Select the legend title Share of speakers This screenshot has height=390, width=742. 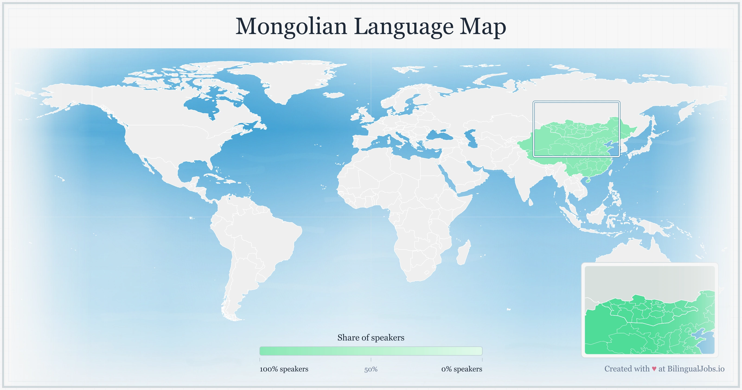pos(371,338)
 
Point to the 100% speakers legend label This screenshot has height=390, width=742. pos(284,369)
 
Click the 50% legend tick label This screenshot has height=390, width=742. pos(371,369)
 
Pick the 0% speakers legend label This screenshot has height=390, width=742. pos(461,369)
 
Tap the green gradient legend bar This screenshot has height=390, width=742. pos(371,351)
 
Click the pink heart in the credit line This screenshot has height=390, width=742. pos(654,369)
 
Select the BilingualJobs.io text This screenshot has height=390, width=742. pos(696,369)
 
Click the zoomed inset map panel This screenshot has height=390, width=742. pos(649,310)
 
